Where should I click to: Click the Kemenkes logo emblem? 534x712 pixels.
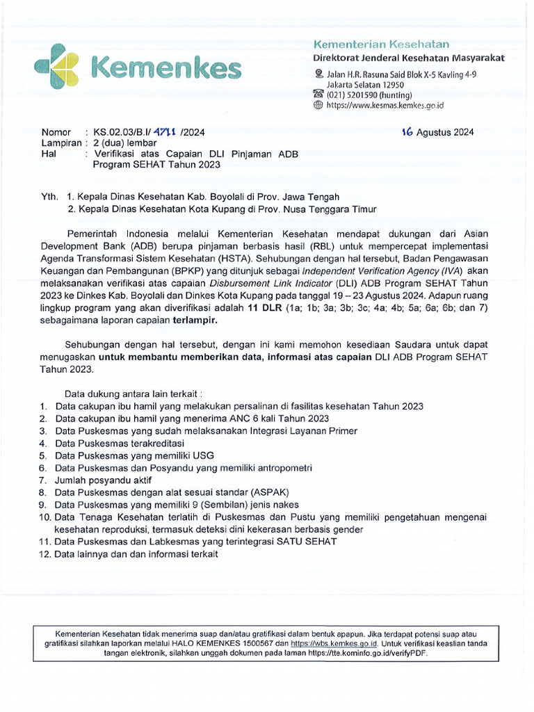click(60, 67)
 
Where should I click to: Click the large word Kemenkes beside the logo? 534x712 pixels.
click(167, 68)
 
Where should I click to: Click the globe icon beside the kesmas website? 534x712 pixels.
click(318, 106)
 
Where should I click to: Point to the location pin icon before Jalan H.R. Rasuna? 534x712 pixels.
click(318, 74)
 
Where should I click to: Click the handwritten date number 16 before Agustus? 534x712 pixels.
click(408, 131)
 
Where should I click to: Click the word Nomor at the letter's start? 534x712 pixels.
click(56, 132)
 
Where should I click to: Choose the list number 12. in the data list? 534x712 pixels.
click(45, 554)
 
